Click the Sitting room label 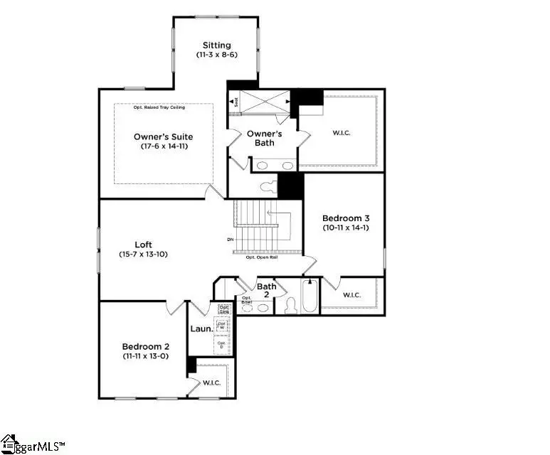216,45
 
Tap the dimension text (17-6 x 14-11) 164,146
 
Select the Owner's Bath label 264,138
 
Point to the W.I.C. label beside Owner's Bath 341,133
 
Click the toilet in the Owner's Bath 268,187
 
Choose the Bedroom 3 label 346,218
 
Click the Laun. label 199,328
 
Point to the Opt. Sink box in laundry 223,309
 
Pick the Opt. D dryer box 222,345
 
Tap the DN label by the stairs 231,240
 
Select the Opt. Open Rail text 261,257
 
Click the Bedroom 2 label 145,346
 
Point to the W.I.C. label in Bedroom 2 212,382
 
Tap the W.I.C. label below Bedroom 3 352,294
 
